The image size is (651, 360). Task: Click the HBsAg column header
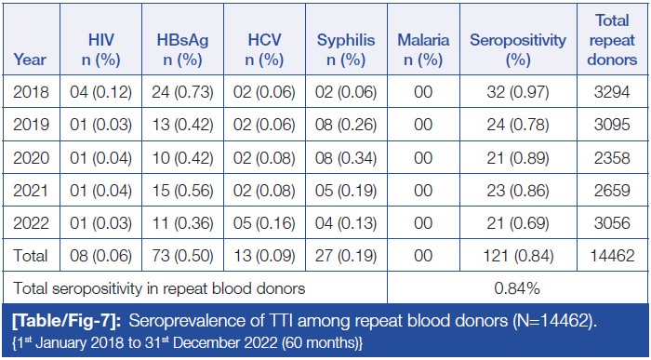[182, 50]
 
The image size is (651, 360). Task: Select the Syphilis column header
[346, 50]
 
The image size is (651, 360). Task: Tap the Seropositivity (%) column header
[518, 50]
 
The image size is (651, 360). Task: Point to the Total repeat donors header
[612, 40]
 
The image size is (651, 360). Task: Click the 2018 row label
[31, 92]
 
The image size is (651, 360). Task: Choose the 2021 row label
[31, 191]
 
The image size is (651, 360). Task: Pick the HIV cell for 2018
[100, 92]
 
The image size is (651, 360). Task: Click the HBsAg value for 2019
[182, 125]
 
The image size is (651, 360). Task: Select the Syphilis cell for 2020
[346, 158]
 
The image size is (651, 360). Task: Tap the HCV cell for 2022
[264, 223]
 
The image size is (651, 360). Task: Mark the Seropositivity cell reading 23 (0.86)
[518, 191]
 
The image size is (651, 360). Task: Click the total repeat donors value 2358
[612, 158]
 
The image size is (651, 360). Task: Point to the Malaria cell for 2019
[423, 125]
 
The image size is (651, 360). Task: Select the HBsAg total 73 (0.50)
[182, 256]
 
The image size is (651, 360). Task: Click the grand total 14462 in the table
[612, 256]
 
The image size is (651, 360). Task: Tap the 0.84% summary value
[517, 288]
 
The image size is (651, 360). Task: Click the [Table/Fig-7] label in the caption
[67, 321]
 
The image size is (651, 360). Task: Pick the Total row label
[31, 256]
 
